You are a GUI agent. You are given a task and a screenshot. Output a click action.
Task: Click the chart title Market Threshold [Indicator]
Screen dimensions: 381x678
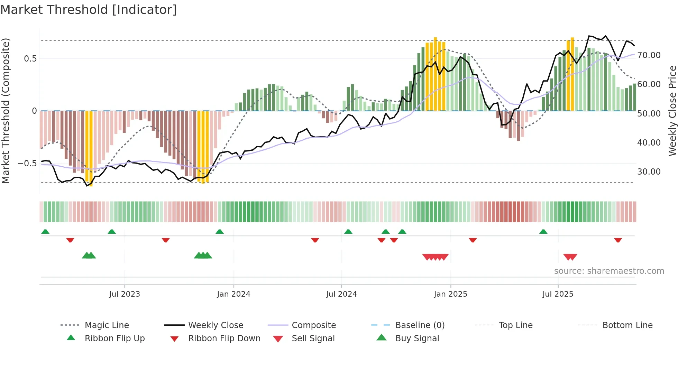[x=89, y=10]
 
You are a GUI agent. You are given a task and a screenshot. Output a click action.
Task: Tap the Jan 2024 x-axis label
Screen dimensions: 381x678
[x=233, y=294]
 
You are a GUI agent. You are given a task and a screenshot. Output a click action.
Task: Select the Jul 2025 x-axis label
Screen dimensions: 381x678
[x=558, y=294]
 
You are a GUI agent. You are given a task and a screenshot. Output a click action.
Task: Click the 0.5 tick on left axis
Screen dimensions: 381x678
[x=30, y=59]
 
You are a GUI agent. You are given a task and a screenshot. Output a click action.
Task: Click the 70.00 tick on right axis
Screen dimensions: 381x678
[x=649, y=55]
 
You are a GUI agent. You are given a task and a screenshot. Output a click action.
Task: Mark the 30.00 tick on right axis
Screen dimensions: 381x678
[x=649, y=172]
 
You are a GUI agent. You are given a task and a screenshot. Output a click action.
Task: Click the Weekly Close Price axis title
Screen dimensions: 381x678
[x=672, y=111]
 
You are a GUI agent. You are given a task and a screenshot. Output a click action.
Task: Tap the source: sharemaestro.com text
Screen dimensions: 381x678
[x=609, y=271]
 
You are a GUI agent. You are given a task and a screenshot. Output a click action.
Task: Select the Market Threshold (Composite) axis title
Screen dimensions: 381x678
[x=6, y=111]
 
